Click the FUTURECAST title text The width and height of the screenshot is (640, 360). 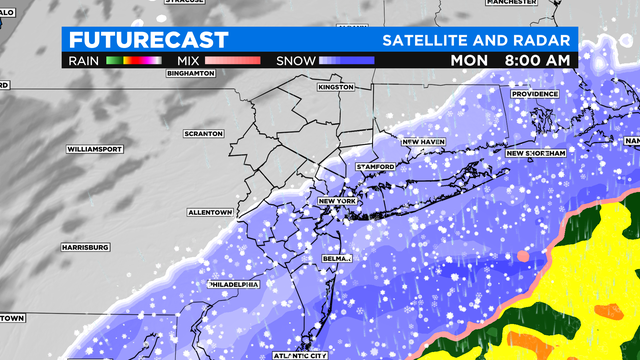pos(134,40)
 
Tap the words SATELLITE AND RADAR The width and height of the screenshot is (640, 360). pos(478,41)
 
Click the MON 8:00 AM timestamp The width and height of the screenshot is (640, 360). pos(511,60)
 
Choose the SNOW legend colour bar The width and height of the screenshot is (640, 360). pos(346,60)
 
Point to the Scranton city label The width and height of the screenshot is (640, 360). pos(203,133)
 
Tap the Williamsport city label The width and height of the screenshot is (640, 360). pos(93,148)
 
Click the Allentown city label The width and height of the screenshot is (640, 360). pos(210,213)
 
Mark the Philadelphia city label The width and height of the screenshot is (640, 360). pos(233,285)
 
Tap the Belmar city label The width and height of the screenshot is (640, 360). pos(338,258)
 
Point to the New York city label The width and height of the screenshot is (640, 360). pos(338,202)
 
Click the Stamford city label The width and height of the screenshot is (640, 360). pos(377,166)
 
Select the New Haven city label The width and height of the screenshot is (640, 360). pos(423,142)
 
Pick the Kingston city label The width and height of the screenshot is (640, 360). pos(337,87)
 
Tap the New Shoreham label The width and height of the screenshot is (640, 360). pos(536,153)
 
